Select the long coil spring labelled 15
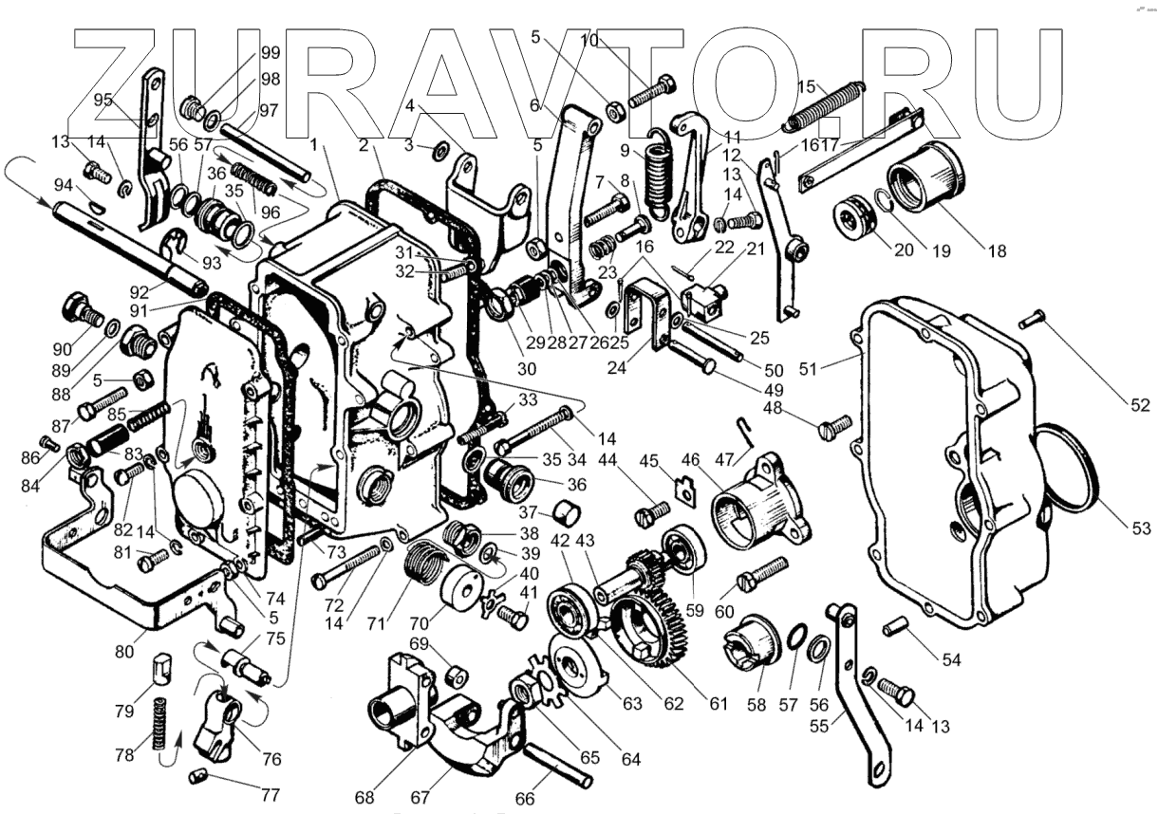(x=825, y=105)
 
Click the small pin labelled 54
(x=897, y=628)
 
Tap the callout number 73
(x=336, y=551)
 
